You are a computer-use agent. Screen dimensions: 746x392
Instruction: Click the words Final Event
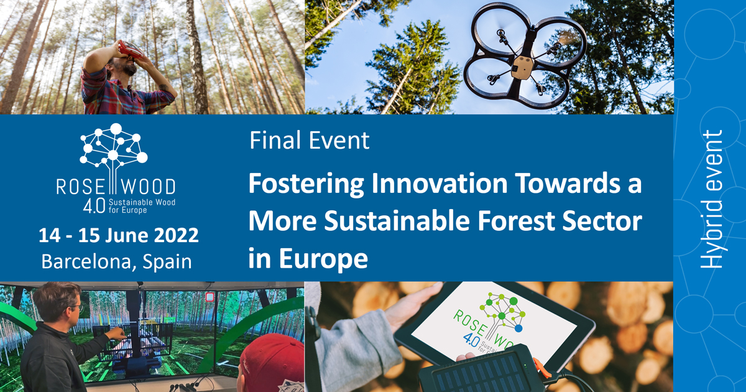310,141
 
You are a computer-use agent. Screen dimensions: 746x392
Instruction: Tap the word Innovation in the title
440,183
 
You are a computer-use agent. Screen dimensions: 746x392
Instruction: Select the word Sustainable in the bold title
397,220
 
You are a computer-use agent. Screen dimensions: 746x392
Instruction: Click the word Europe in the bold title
323,259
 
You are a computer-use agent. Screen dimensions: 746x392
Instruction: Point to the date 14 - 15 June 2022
119,235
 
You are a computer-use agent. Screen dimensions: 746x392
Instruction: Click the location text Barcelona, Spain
117,261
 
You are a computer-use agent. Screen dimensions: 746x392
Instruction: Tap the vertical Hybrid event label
711,199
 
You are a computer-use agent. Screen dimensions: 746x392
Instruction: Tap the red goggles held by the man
132,50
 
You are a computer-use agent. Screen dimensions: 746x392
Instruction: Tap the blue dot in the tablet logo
518,328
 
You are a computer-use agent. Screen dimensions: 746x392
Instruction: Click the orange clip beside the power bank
540,368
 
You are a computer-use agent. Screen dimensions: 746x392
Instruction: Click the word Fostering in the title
306,184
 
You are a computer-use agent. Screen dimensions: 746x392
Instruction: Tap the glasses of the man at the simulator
77,307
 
